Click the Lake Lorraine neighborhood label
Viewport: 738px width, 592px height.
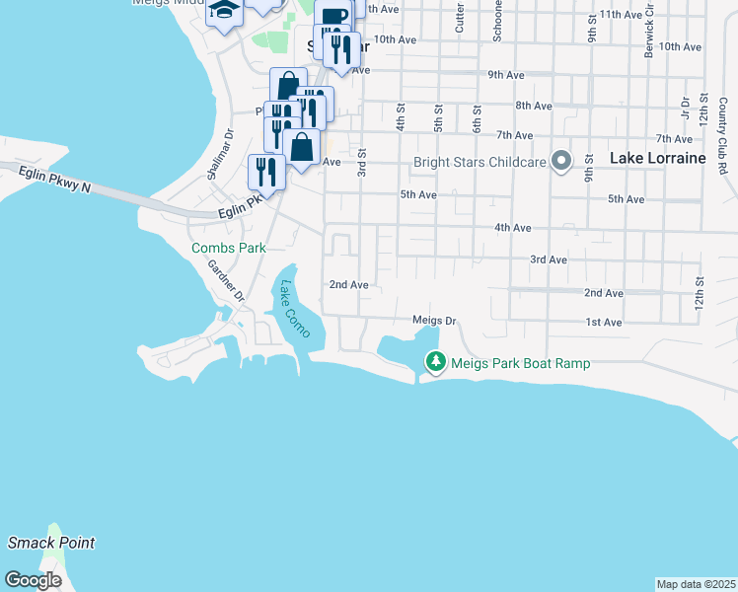(657, 158)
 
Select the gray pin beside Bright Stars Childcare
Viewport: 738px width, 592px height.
(561, 160)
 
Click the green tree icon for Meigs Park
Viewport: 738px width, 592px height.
(434, 362)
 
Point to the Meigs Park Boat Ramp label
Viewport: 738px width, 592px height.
(520, 363)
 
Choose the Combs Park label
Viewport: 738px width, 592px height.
(228, 249)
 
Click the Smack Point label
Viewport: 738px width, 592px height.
(51, 543)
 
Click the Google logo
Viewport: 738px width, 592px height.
(34, 580)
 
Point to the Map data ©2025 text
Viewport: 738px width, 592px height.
(696, 584)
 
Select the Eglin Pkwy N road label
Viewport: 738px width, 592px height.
(54, 181)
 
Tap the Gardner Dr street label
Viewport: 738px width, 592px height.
(231, 281)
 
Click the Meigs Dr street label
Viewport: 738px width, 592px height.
(434, 321)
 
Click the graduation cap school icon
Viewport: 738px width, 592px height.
(224, 11)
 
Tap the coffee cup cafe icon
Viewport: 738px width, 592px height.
(333, 16)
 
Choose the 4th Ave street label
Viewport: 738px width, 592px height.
(512, 228)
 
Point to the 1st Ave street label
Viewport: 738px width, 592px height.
(604, 323)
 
